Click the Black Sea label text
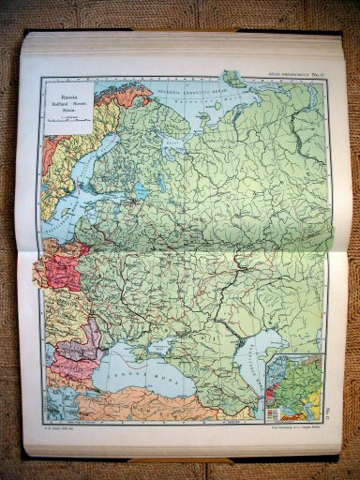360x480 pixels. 138,367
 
